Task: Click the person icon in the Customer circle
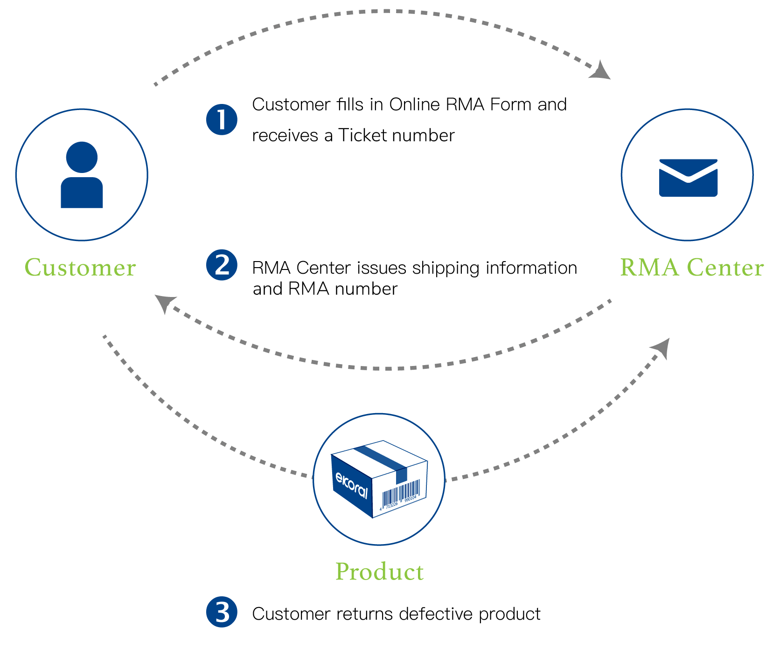pos(82,175)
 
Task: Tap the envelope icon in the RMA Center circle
pos(688,178)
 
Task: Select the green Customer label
pos(80,268)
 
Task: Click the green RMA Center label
pos(691,268)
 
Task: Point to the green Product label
pos(379,572)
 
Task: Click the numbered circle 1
pos(222,119)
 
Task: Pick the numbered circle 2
pos(222,265)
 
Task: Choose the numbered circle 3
pos(222,612)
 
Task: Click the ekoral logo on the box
pos(352,485)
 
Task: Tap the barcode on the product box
pos(401,493)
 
